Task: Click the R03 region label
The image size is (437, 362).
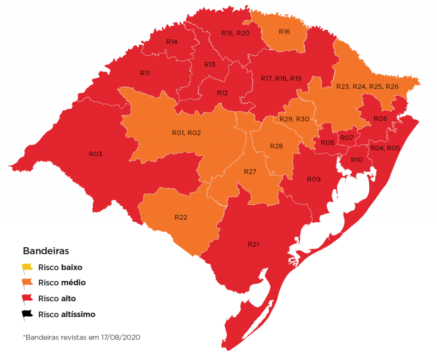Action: (x=96, y=154)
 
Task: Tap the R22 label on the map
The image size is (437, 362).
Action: (x=181, y=217)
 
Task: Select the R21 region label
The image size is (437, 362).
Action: (x=253, y=244)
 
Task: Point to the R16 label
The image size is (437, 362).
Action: (x=284, y=32)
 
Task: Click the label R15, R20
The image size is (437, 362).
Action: (x=235, y=33)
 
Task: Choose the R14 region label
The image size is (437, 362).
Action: (x=172, y=42)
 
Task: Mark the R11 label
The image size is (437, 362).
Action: (x=145, y=73)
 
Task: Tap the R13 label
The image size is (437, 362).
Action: (x=210, y=64)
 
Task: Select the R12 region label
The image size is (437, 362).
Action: (x=222, y=93)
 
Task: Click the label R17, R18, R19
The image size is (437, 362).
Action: (x=281, y=79)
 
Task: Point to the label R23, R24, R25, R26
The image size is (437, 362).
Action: (x=367, y=87)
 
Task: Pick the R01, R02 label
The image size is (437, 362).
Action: (x=186, y=133)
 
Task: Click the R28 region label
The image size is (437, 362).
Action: (x=276, y=146)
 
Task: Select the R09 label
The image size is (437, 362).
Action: (x=313, y=179)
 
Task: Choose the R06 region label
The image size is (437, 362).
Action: (x=380, y=118)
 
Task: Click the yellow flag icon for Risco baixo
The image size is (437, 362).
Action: (x=27, y=268)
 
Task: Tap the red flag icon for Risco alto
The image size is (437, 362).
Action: (x=27, y=299)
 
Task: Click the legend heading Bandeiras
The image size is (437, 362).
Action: (x=45, y=251)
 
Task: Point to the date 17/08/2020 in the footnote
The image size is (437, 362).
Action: (x=121, y=337)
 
